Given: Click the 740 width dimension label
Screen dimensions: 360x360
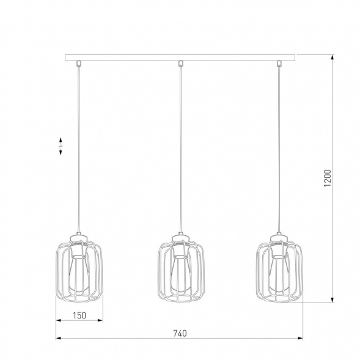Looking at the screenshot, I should point(179,333).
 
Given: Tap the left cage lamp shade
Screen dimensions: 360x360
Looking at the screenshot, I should point(79,271).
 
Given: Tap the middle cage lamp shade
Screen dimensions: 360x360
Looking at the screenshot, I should point(180,271).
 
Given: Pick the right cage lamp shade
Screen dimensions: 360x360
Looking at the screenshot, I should point(280,271).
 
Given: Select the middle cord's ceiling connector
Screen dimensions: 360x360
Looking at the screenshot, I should point(180,64).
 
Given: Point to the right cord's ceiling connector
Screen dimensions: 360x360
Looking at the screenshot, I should point(281,64).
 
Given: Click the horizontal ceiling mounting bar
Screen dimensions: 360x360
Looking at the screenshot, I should point(180,57).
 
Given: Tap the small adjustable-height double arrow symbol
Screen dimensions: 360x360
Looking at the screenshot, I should point(61,147).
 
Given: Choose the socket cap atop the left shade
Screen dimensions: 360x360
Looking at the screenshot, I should point(79,238).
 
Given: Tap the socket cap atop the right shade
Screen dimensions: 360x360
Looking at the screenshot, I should point(280,238).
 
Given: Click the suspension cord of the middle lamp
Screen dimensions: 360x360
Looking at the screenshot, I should point(180,147).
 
